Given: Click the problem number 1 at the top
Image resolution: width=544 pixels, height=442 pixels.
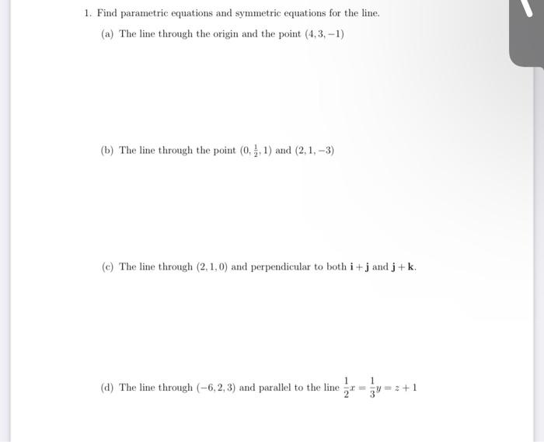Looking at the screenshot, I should (x=89, y=13).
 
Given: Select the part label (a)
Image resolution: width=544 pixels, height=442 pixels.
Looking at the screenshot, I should (x=108, y=35).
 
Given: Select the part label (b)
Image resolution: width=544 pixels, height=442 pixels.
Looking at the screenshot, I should (x=108, y=151).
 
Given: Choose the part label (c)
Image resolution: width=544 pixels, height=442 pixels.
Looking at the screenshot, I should (x=108, y=266).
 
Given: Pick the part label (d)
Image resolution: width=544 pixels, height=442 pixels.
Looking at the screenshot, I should (x=108, y=388).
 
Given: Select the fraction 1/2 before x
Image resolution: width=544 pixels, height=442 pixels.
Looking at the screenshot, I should (x=347, y=388).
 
